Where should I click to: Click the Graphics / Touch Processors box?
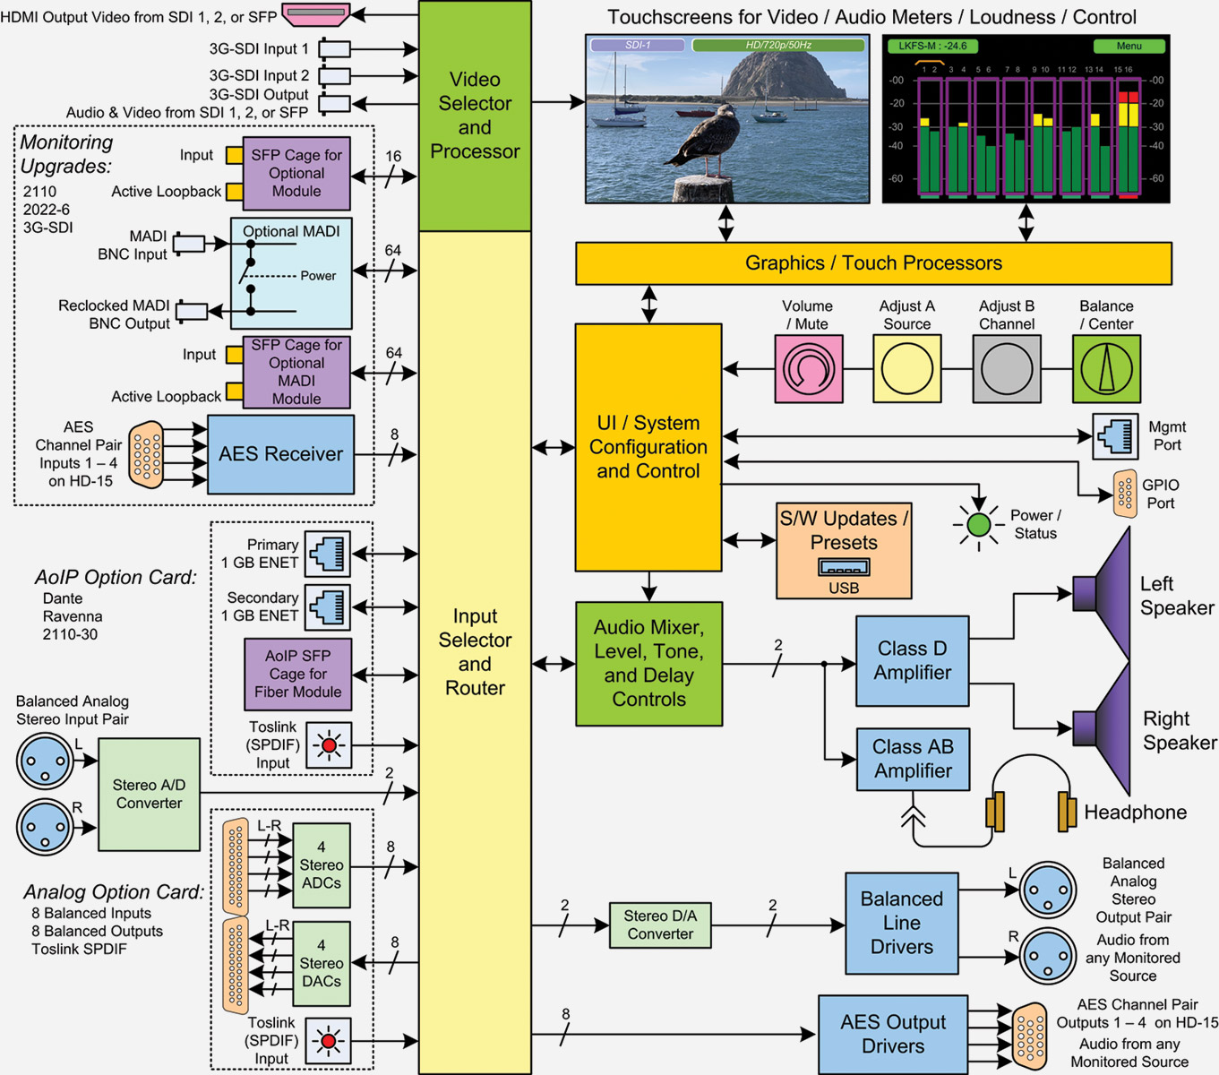tap(873, 263)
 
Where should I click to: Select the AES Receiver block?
tap(280, 454)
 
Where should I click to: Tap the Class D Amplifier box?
tap(912, 661)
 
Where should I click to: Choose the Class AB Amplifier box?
tap(912, 760)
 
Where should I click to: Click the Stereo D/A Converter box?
tap(659, 925)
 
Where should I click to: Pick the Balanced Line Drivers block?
tap(901, 923)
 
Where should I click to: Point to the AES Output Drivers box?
tap(892, 1034)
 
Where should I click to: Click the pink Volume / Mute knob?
tap(808, 369)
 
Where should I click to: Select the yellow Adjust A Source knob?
tap(906, 369)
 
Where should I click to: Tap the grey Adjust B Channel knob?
tap(1006, 369)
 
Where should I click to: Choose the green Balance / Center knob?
tap(1106, 369)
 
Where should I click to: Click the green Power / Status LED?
tap(978, 525)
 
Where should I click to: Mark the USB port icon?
tap(843, 568)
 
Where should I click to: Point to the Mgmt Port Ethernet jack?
tap(1115, 436)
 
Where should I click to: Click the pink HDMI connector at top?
tap(315, 14)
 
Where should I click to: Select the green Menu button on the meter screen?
tap(1129, 46)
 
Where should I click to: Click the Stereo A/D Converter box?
tap(149, 794)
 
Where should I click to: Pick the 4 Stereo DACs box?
tap(321, 963)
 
